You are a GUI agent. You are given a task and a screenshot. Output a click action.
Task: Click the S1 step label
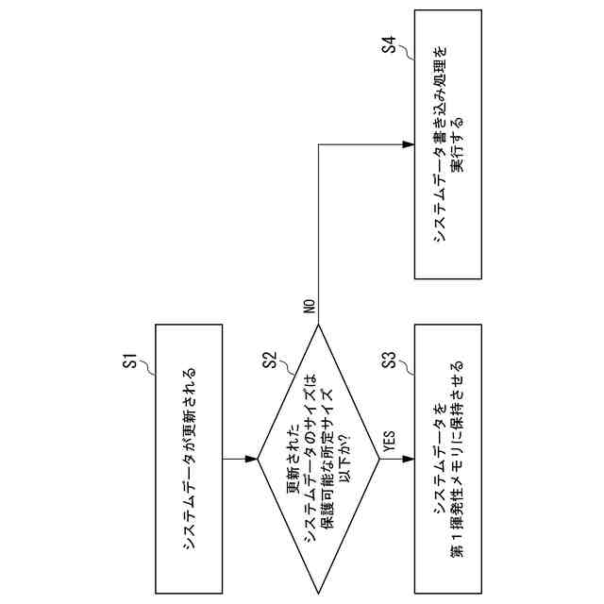(x=131, y=360)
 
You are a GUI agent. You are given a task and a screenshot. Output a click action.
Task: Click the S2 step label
(x=269, y=360)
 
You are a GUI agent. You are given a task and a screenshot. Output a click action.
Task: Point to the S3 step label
(x=387, y=360)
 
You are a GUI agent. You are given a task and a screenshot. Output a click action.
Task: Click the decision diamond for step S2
(x=318, y=460)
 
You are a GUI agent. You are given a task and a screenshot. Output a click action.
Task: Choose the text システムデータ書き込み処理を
(x=439, y=143)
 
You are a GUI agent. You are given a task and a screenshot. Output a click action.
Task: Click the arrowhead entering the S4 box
(x=408, y=144)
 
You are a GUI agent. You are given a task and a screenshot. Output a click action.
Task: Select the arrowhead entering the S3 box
(x=408, y=460)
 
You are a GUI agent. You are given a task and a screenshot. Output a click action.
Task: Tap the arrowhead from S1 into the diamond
(x=251, y=460)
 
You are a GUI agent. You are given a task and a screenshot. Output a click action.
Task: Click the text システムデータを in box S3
(x=439, y=459)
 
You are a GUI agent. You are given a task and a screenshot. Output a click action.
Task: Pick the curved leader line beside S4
(x=401, y=59)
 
